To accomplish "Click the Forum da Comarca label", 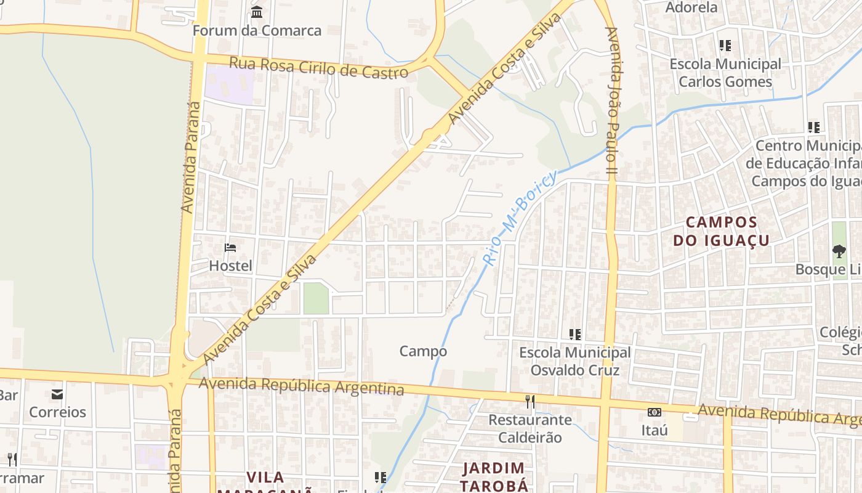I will tap(257, 30).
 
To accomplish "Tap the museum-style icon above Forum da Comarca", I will tap(257, 12).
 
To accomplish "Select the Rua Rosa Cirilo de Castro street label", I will tap(318, 67).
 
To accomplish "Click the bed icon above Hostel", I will tap(230, 248).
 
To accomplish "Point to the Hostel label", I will tap(230, 266).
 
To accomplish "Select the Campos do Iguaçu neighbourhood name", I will tap(721, 231).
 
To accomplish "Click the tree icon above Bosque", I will tap(839, 251).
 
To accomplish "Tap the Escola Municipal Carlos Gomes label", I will tap(725, 73).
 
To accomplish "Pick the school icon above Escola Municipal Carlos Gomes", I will tap(725, 46).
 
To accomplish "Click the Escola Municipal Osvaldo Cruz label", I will tap(574, 361).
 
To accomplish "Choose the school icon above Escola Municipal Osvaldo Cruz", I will tap(575, 335).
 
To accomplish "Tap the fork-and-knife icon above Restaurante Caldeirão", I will tap(530, 402).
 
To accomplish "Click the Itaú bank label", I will tap(654, 430).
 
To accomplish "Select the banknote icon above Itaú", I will tap(654, 412).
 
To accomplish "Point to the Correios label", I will tap(57, 412).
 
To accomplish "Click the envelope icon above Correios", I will tap(57, 394).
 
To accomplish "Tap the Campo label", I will tap(423, 351).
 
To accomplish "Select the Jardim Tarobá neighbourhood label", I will tap(494, 476).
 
